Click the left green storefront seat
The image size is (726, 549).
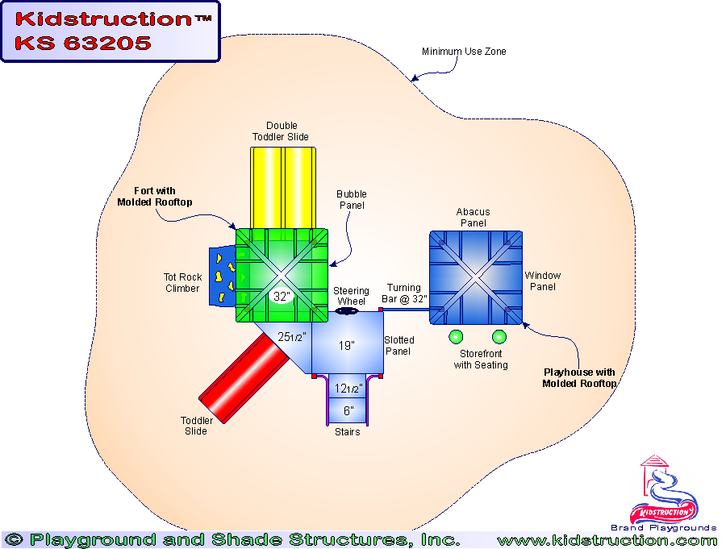click(456, 337)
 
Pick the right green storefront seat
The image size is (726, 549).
click(499, 337)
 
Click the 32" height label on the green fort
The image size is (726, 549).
click(281, 296)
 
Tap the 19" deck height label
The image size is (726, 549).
click(346, 346)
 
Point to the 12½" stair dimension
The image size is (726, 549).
click(348, 389)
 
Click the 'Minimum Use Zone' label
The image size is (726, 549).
click(464, 52)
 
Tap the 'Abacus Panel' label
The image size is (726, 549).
click(474, 218)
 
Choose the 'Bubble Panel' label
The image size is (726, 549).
click(351, 199)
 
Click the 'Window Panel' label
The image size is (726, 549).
click(543, 281)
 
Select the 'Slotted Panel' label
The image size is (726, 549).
click(399, 345)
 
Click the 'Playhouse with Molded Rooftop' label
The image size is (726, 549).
click(579, 378)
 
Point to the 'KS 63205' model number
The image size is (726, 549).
click(83, 43)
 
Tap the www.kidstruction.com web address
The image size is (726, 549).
click(607, 540)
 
